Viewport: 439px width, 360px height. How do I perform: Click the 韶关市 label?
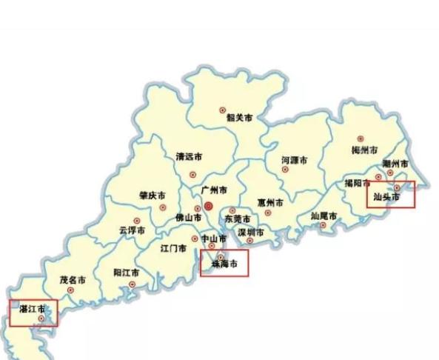click(239, 117)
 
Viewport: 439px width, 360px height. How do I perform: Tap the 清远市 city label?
click(189, 157)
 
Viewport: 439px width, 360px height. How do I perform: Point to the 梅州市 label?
click(364, 150)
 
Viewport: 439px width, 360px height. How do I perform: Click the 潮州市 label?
click(395, 163)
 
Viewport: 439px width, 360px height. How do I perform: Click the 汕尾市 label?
click(324, 216)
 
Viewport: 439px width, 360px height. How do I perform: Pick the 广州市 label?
click(213, 190)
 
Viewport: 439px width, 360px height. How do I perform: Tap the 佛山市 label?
click(188, 218)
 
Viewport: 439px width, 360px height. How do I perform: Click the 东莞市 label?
click(238, 219)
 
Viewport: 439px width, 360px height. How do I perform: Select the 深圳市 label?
click(250, 233)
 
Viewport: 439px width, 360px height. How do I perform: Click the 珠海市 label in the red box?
click(224, 264)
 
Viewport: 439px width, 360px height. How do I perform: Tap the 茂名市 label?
click(73, 281)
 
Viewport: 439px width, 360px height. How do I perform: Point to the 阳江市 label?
click(127, 272)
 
